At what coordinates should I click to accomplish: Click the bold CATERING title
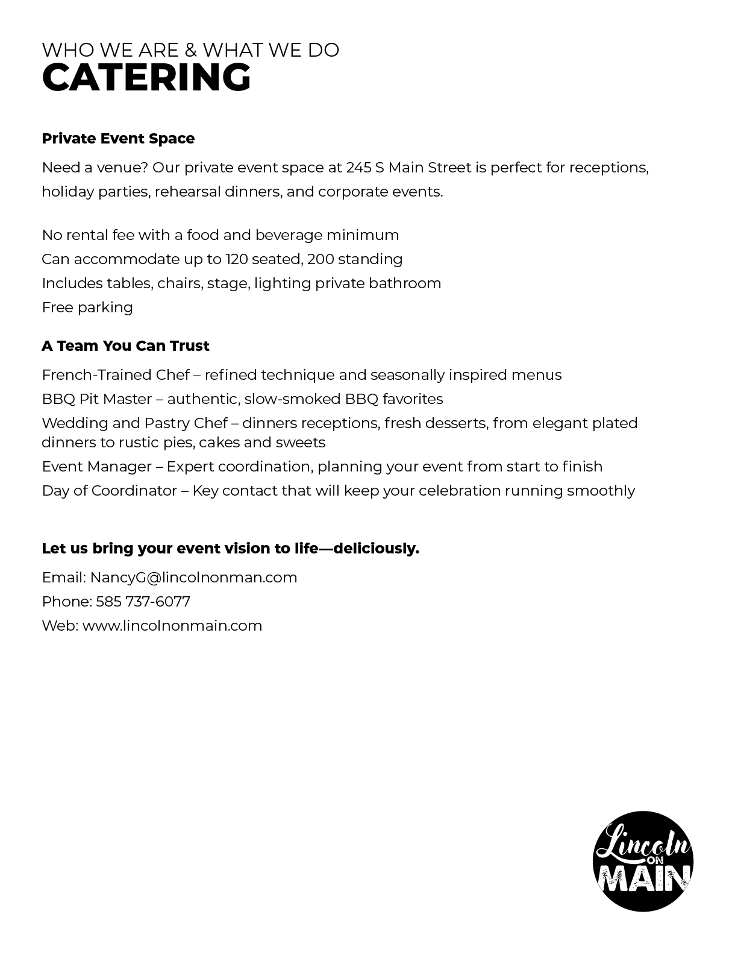point(146,78)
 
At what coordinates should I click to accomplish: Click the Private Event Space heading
point(118,139)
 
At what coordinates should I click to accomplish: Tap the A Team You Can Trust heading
point(125,346)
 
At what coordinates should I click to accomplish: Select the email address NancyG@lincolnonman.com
point(193,578)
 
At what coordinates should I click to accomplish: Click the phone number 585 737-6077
point(143,602)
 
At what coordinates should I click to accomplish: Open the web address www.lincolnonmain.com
point(172,626)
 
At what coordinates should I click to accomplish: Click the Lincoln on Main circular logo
point(643,861)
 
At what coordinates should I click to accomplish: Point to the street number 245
point(358,168)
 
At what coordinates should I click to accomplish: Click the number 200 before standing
point(319,259)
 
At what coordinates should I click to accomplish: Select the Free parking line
point(87,307)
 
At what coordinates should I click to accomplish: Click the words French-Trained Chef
point(116,375)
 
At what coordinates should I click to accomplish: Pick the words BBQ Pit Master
point(96,399)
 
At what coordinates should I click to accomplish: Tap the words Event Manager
point(96,467)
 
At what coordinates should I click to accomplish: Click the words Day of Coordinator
point(109,491)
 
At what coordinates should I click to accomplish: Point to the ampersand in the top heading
point(191,50)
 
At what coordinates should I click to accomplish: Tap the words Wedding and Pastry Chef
point(134,423)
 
